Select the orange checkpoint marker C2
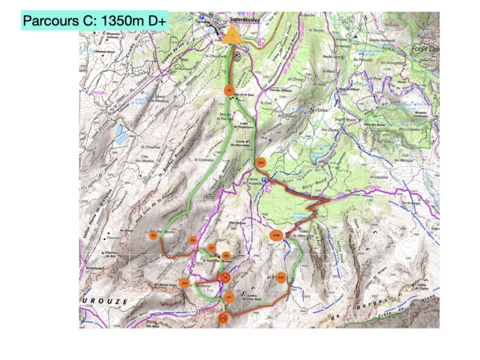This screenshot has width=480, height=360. click(230, 90)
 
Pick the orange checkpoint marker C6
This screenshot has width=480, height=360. click(193, 241)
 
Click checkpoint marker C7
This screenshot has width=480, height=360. click(212, 248)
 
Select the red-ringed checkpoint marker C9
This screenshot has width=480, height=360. click(225, 277)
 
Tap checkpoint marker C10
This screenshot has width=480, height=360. click(184, 283)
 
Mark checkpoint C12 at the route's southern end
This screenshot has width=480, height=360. click(223, 318)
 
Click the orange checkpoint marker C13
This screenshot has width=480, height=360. click(281, 277)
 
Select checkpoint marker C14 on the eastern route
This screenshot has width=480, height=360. click(261, 162)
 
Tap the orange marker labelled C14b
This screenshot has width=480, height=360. click(275, 235)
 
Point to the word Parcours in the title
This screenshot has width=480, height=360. click(48, 21)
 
